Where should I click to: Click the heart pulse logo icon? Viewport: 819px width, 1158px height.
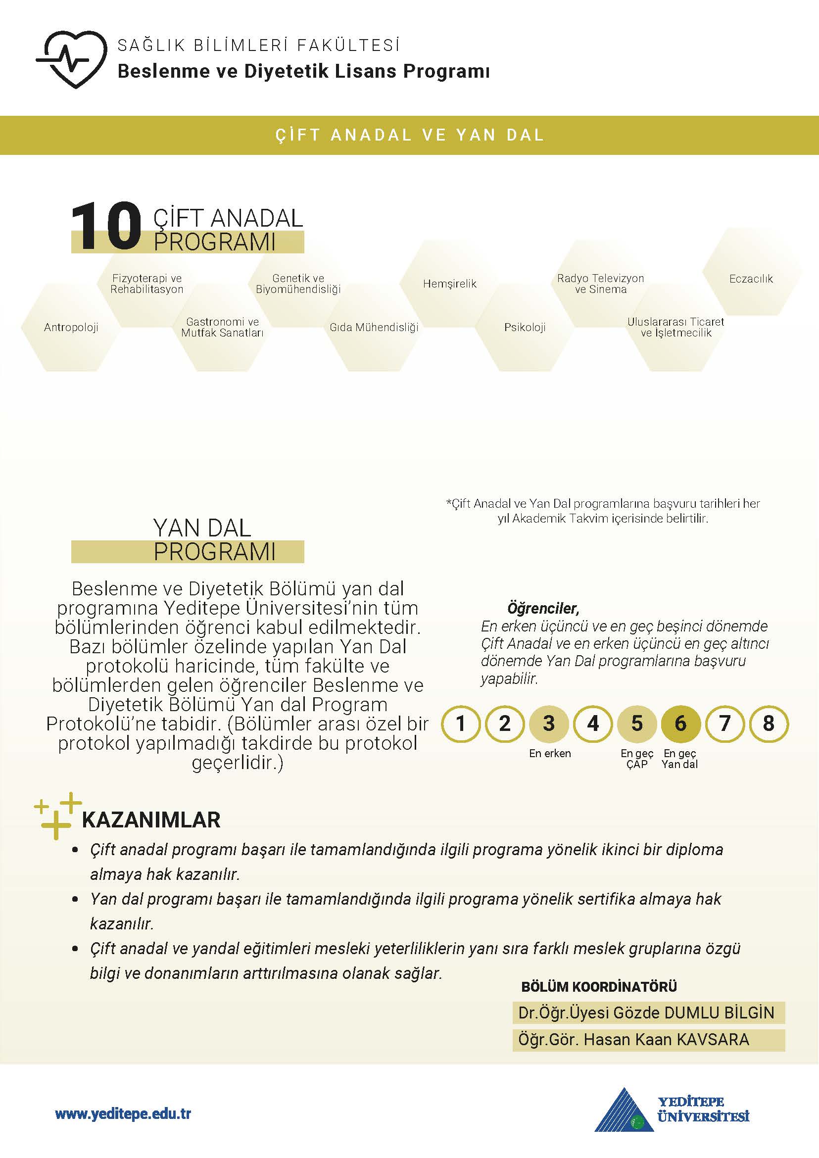pyautogui.click(x=72, y=59)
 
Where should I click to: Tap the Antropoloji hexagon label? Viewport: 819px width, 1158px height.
pyautogui.click(x=71, y=327)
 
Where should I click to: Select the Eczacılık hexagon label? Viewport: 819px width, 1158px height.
pyautogui.click(x=750, y=279)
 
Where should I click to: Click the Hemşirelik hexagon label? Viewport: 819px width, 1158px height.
pyautogui.click(x=449, y=284)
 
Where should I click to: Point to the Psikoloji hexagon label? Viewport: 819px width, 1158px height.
pyautogui.click(x=525, y=327)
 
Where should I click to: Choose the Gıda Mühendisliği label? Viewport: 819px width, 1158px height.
pyautogui.click(x=374, y=327)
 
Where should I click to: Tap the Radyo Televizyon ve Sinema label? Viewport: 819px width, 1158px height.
pyautogui.click(x=600, y=284)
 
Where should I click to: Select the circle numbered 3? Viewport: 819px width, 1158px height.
pyautogui.click(x=549, y=724)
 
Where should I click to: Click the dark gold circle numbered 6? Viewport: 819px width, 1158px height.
pyautogui.click(x=680, y=724)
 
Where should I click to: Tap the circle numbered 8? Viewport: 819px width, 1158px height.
pyautogui.click(x=769, y=724)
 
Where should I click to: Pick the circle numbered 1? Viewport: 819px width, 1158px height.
pyautogui.click(x=460, y=724)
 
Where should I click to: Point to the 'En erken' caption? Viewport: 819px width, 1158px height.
pyautogui.click(x=550, y=754)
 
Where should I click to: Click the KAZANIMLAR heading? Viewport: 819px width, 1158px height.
pyautogui.click(x=151, y=820)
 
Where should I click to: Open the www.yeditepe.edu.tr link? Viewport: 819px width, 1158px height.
pyautogui.click(x=123, y=1113)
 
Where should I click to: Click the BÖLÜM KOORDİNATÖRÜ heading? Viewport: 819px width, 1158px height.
pyautogui.click(x=599, y=986)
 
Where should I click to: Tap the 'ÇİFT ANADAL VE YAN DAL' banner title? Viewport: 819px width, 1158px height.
pyautogui.click(x=410, y=135)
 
